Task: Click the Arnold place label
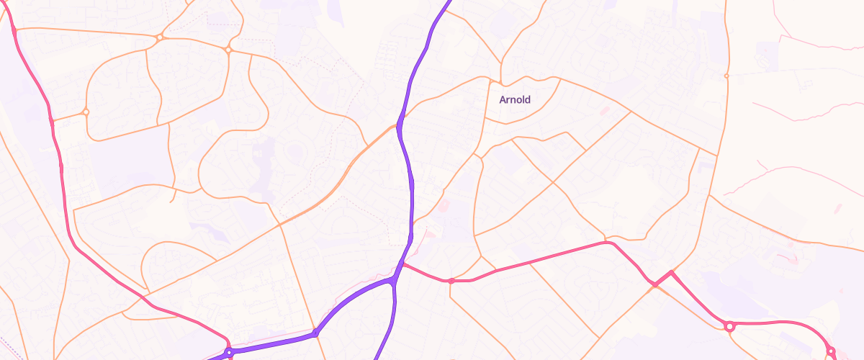(515, 99)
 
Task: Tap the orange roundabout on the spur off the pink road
(86, 112)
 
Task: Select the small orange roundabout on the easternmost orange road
(726, 76)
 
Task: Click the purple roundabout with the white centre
(229, 353)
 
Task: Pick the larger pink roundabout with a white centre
(729, 327)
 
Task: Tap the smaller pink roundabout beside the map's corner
(830, 351)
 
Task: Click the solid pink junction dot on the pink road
(451, 281)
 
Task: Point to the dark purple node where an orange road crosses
(315, 333)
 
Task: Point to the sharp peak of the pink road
(671, 271)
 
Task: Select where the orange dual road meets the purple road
(397, 126)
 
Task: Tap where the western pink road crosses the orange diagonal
(144, 297)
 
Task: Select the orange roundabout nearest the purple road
(228, 50)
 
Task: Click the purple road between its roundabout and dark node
(274, 343)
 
